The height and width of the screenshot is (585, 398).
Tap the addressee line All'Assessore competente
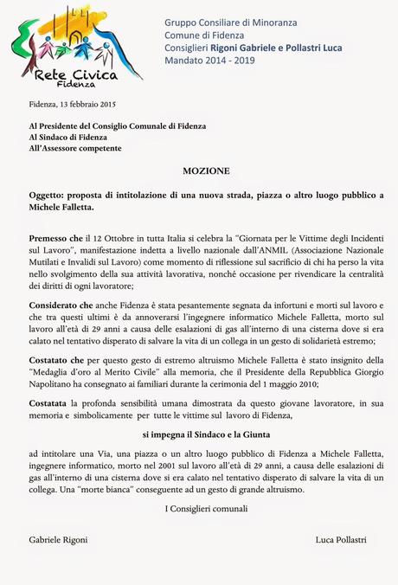[x=75, y=149]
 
